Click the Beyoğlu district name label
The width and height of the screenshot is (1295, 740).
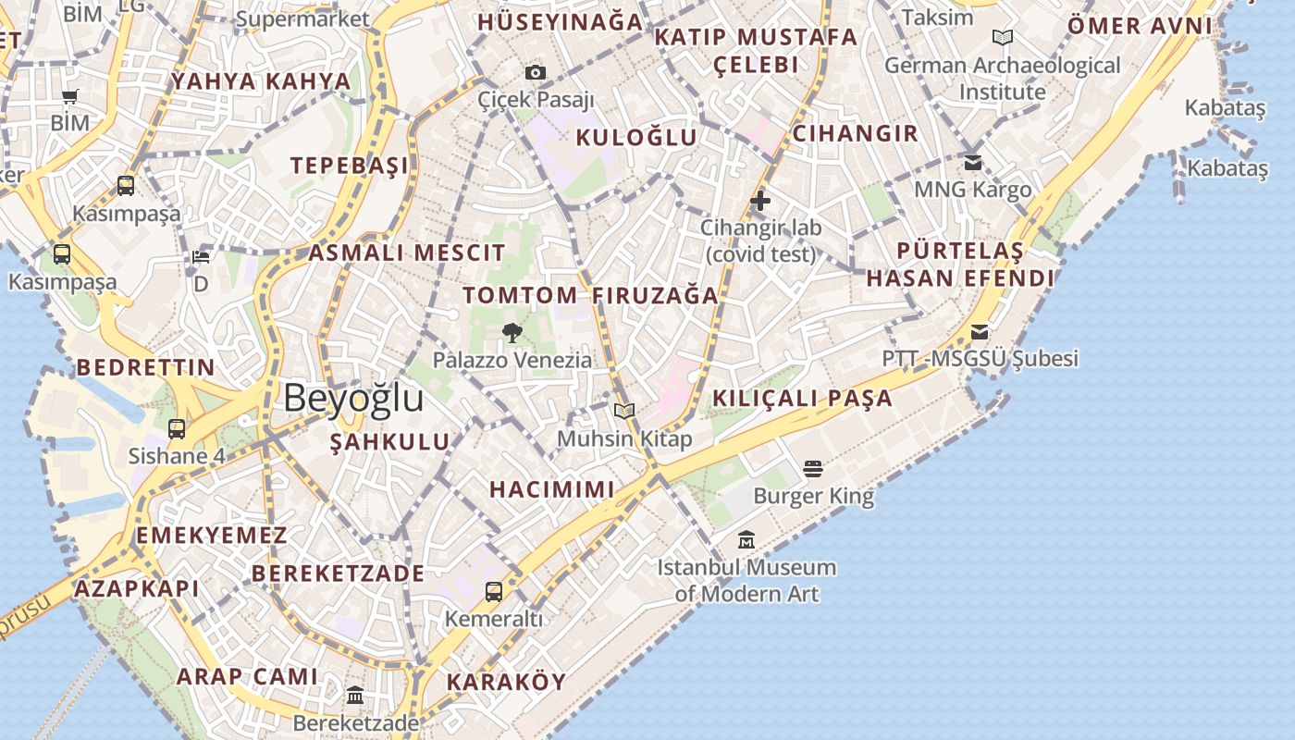point(353,398)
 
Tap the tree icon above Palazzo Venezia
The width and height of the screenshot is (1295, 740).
point(512,332)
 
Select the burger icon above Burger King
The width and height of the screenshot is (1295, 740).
point(813,469)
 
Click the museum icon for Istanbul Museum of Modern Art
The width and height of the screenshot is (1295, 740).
point(746,539)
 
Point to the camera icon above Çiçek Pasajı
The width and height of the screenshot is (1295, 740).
point(536,72)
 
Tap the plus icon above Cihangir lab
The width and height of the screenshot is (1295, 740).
point(760,200)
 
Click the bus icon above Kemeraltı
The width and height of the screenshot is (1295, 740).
point(494,591)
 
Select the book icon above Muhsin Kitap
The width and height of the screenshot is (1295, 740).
point(624,411)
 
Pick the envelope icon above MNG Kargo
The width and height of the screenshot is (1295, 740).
point(973,162)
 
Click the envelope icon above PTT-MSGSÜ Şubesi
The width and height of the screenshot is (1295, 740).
point(980,331)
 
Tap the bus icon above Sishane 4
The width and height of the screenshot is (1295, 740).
point(177,428)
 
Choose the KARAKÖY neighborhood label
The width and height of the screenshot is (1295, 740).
point(506,683)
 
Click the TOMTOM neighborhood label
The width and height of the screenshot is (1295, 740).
point(521,296)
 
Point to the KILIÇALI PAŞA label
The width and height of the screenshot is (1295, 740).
point(802,399)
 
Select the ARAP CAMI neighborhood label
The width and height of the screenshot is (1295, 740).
point(247,676)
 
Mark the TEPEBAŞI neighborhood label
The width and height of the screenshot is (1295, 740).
point(349,166)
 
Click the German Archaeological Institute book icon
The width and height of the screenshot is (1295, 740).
point(1003,38)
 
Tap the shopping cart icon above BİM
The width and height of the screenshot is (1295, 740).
point(70,96)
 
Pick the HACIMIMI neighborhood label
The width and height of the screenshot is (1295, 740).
point(551,489)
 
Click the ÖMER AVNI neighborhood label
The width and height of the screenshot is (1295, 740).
point(1139,26)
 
